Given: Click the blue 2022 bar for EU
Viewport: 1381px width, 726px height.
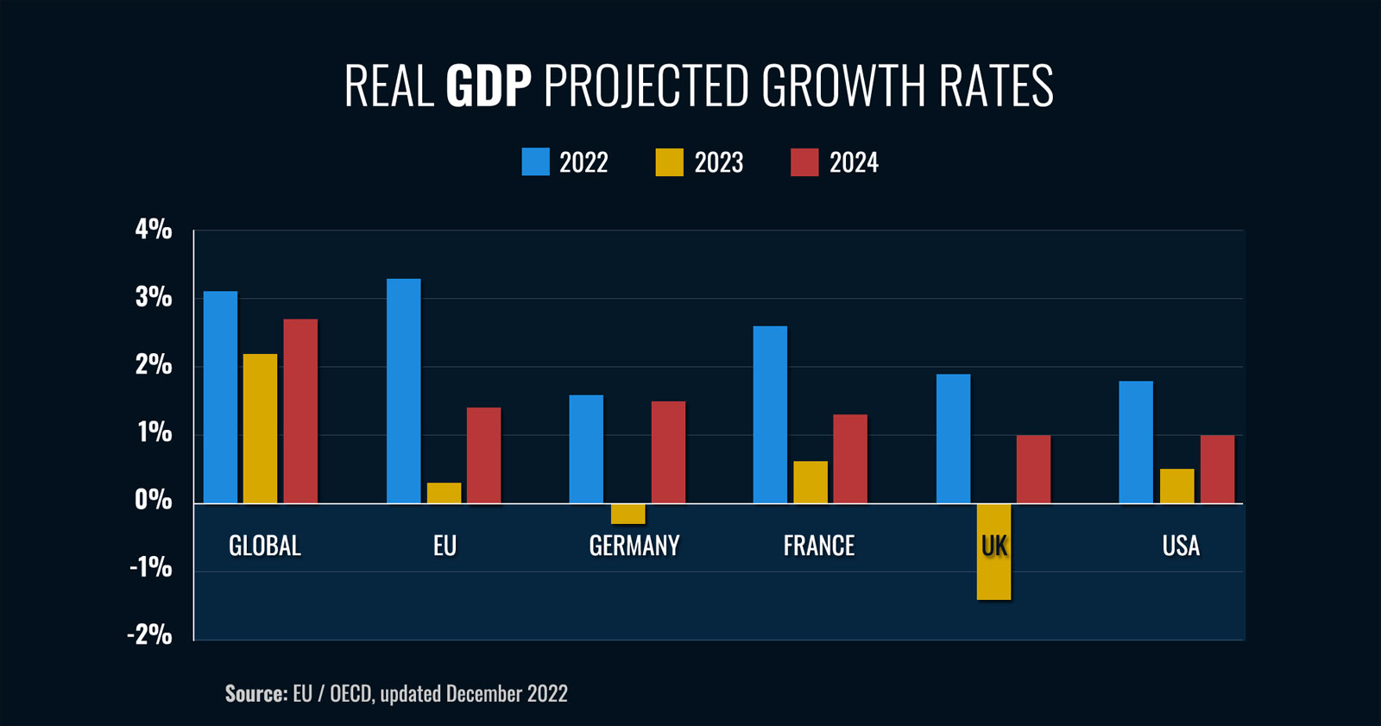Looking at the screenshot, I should [x=404, y=390].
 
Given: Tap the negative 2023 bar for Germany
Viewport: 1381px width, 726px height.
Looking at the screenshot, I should [x=627, y=514].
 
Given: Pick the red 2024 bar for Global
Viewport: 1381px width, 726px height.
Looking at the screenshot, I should [x=300, y=411].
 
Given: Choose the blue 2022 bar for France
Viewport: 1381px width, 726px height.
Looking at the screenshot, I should [x=770, y=414].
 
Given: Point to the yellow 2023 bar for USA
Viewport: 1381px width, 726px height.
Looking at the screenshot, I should [x=1176, y=486].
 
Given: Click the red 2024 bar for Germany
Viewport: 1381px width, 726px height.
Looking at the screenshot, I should [x=668, y=452].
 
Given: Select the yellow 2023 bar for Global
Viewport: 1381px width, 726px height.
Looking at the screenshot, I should [x=260, y=428].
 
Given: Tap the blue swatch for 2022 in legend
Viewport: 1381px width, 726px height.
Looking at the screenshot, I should [x=535, y=162].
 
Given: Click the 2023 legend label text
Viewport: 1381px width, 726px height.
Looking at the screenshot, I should [x=718, y=162].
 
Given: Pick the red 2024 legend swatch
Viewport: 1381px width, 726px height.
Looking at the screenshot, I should [x=804, y=162].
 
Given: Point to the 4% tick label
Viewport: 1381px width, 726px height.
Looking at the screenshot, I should [x=154, y=230].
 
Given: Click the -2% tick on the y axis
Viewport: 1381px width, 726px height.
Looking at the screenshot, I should [x=150, y=635].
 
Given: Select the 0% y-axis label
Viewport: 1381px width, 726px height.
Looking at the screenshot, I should [x=154, y=500].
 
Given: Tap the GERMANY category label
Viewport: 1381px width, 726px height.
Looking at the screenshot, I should [x=634, y=546].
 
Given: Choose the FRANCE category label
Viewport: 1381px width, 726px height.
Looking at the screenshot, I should [x=819, y=546].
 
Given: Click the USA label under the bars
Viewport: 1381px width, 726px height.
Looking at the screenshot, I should [x=1181, y=546].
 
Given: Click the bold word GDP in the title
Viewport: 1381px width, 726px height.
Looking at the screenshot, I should [x=489, y=85].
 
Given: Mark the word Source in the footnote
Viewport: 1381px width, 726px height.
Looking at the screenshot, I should [x=255, y=693].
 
